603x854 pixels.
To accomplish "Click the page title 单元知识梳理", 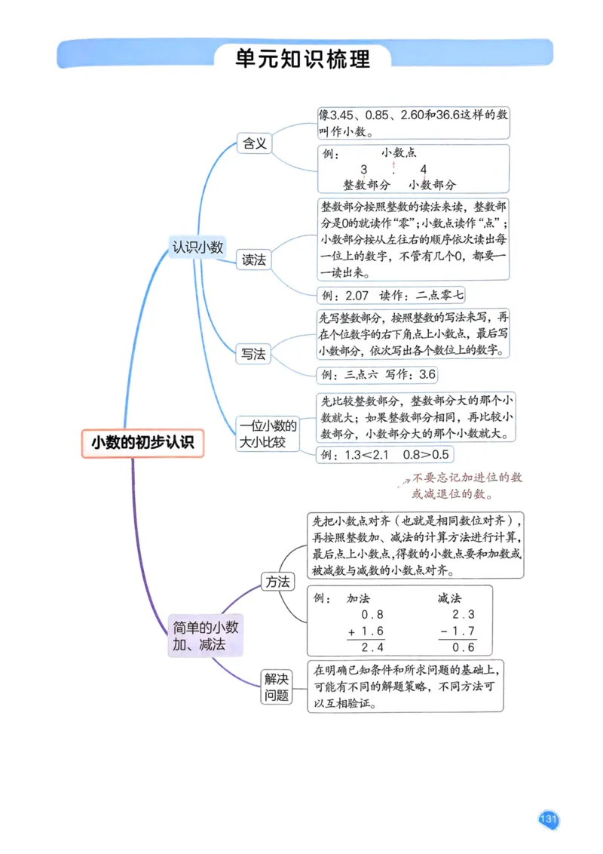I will click(x=302, y=58).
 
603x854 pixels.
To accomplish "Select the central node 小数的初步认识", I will click(x=142, y=443).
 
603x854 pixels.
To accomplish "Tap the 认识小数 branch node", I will click(x=197, y=246).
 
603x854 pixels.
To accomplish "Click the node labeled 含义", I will click(x=253, y=143).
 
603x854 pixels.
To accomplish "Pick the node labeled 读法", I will click(x=253, y=260).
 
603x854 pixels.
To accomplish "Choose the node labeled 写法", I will click(x=253, y=353).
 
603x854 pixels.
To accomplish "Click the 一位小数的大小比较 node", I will click(x=268, y=434).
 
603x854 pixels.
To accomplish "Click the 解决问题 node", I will click(x=277, y=687).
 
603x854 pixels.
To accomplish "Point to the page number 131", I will click(x=548, y=819).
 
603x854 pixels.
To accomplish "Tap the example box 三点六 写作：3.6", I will click(x=378, y=374).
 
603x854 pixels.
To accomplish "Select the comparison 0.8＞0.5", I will click(x=426, y=454).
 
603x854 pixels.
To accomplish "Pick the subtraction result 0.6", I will click(x=464, y=647).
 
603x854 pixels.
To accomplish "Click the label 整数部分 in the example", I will click(x=367, y=184).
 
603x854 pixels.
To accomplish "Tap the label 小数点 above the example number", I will click(x=399, y=152).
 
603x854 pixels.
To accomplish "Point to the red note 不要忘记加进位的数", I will click(x=467, y=478).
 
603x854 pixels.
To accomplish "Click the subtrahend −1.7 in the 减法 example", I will click(x=458, y=631).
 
